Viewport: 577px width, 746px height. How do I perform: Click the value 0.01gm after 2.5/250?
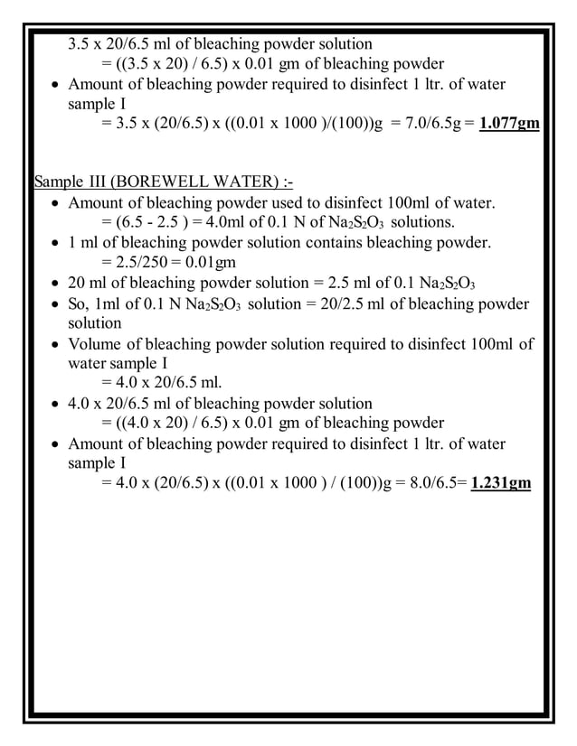[209, 263]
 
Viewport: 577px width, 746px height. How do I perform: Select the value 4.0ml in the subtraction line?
[222, 222]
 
